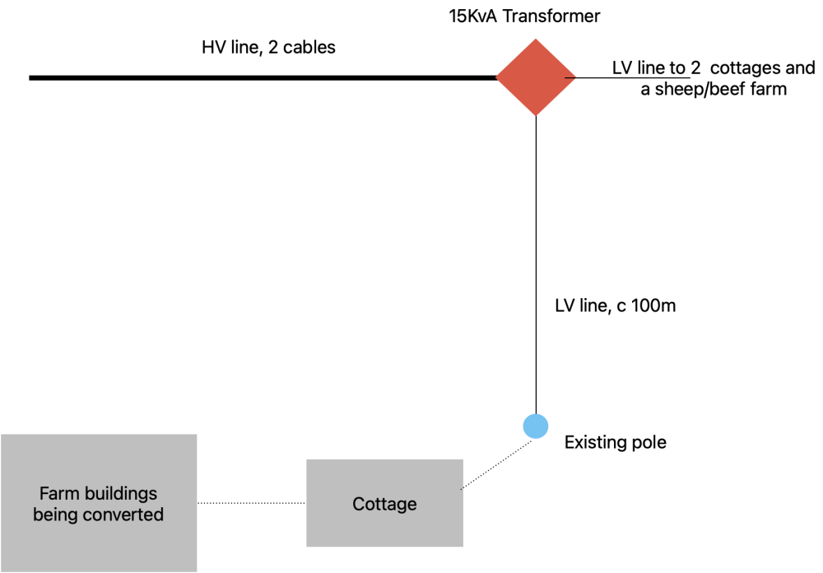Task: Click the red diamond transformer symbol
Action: [536, 77]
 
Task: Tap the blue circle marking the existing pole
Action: [536, 426]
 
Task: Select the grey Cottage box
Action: [384, 503]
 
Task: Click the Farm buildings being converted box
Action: [99, 503]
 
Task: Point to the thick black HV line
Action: [263, 77]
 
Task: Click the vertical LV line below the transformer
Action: [536, 265]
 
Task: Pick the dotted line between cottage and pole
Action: [496, 465]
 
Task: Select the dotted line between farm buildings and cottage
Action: [251, 503]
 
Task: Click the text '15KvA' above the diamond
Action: [472, 16]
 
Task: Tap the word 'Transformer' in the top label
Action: [551, 16]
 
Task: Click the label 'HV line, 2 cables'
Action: [269, 47]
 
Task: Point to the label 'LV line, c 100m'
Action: [615, 305]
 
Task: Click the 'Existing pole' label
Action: [615, 442]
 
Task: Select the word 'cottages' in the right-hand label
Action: [746, 68]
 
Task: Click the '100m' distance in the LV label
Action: [653, 305]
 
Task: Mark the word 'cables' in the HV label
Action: [309, 47]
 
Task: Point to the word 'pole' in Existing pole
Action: [649, 443]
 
